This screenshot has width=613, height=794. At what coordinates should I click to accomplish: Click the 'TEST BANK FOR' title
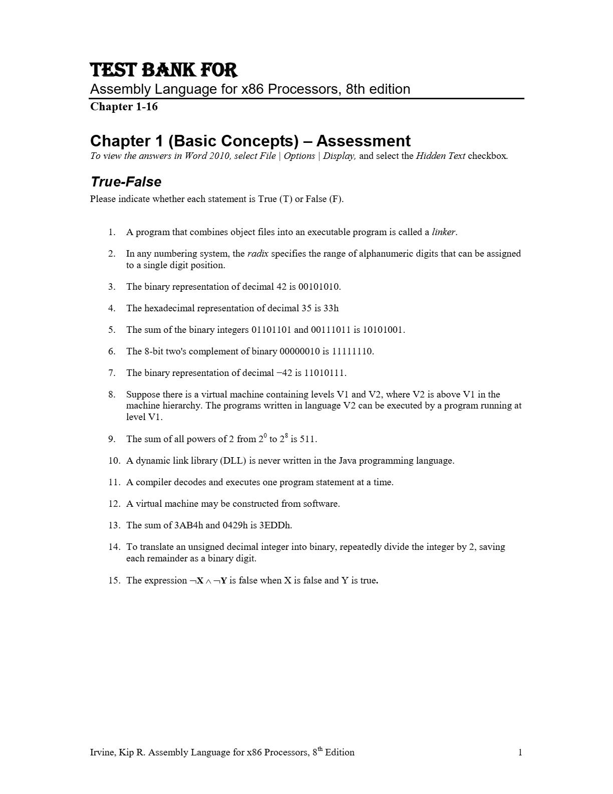(x=163, y=70)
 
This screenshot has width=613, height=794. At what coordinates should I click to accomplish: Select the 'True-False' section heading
(x=126, y=181)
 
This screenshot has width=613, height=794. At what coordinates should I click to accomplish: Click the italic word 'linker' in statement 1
(x=444, y=232)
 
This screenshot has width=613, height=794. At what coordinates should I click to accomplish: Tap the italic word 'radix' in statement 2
(x=257, y=254)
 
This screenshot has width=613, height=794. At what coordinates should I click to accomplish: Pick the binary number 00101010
(x=319, y=287)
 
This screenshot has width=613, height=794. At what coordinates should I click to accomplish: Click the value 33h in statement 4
(x=331, y=308)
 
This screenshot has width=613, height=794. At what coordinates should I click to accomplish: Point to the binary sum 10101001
(x=383, y=330)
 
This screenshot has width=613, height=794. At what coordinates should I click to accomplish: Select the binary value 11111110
(x=352, y=351)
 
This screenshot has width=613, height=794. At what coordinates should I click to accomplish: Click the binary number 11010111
(x=325, y=373)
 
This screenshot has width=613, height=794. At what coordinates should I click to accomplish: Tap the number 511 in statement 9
(x=308, y=439)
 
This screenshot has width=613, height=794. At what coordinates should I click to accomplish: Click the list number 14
(x=114, y=547)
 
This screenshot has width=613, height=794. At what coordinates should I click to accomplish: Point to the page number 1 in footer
(x=520, y=752)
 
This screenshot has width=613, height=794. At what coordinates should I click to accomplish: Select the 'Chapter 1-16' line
(x=124, y=106)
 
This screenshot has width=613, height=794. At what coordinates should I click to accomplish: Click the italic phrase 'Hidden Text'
(x=440, y=155)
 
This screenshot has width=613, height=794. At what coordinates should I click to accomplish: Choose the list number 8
(x=111, y=394)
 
